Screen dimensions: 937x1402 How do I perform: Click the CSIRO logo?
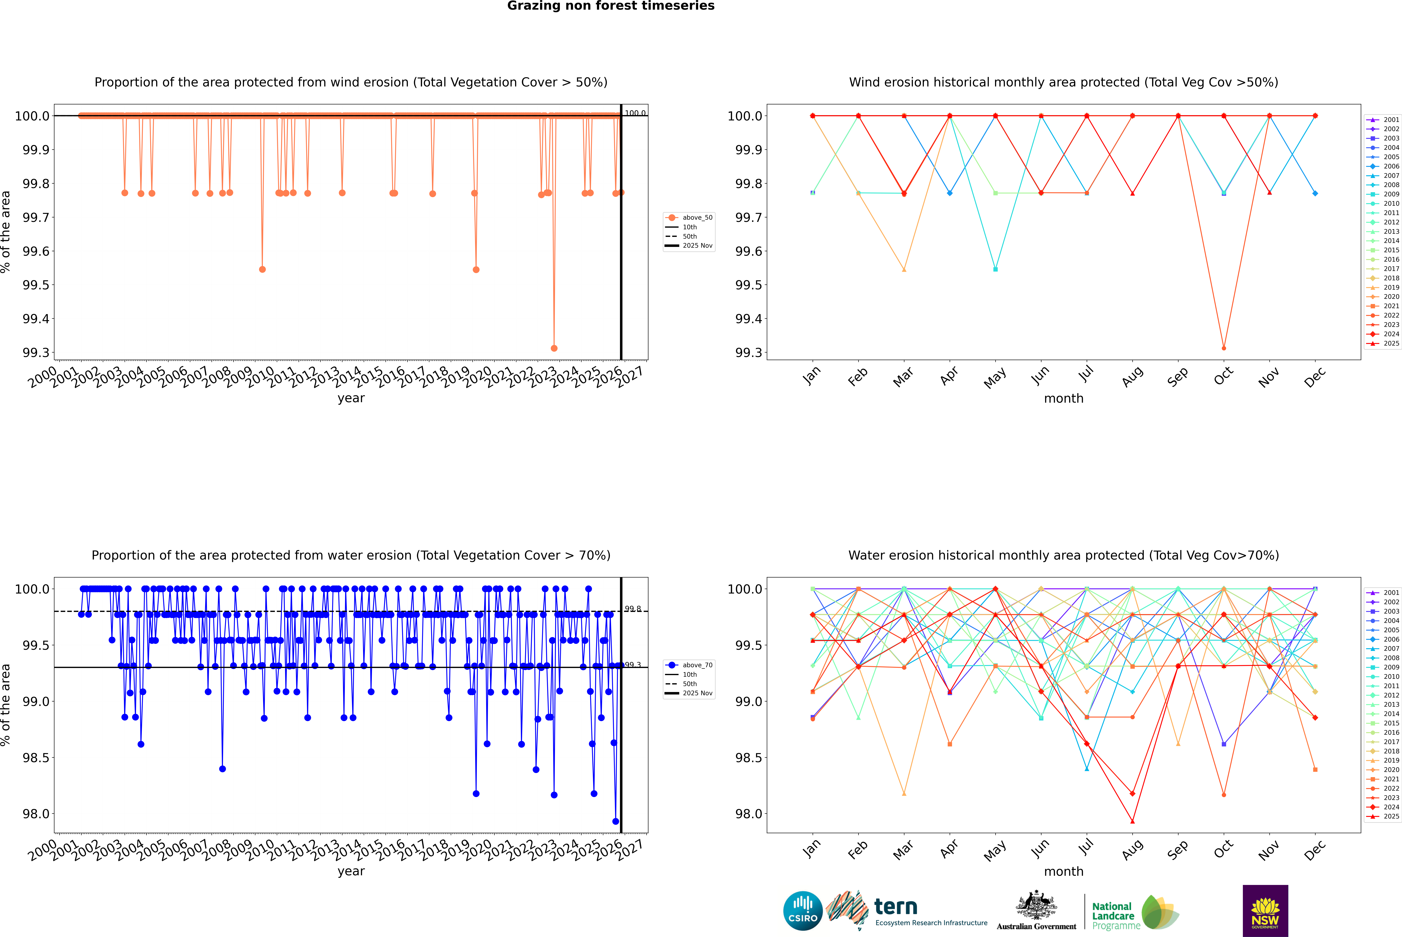(x=803, y=911)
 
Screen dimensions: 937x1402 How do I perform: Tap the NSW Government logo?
(x=1265, y=911)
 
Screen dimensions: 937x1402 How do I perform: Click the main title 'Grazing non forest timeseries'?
(x=611, y=6)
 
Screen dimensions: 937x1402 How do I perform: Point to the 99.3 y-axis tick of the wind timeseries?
(x=36, y=353)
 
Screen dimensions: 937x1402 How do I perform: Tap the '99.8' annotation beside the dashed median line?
(x=633, y=609)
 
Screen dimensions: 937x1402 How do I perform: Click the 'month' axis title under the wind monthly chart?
(x=1064, y=399)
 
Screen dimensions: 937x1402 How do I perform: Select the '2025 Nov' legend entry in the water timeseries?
(x=697, y=693)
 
